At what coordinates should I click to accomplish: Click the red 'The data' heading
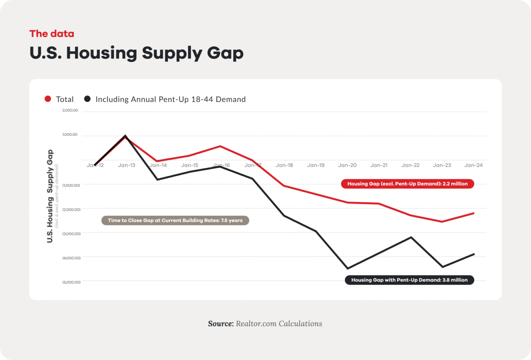coord(52,34)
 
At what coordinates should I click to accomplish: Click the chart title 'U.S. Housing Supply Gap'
coord(136,53)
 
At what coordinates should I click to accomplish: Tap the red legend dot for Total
coord(48,99)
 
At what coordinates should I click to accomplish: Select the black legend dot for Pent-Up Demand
coord(87,99)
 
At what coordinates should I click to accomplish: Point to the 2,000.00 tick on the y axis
coord(70,110)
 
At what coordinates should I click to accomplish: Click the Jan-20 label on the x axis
coord(347,165)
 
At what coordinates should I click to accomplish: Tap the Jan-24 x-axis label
coord(473,165)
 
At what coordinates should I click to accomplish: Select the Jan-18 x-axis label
coord(284,165)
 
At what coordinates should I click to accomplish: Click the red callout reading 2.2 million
coord(407,184)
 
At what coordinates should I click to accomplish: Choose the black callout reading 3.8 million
coord(409,280)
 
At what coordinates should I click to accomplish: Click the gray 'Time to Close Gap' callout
coord(175,220)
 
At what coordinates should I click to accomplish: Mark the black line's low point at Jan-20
coord(347,269)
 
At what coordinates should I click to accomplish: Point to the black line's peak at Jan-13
coord(126,136)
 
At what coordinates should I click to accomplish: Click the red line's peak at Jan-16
coord(220,146)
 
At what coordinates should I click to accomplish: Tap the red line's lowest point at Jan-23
coord(442,222)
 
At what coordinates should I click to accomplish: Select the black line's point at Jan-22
coord(411,237)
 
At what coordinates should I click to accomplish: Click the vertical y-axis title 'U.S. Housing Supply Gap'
coord(50,196)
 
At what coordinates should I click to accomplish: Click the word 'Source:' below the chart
coord(221,324)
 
